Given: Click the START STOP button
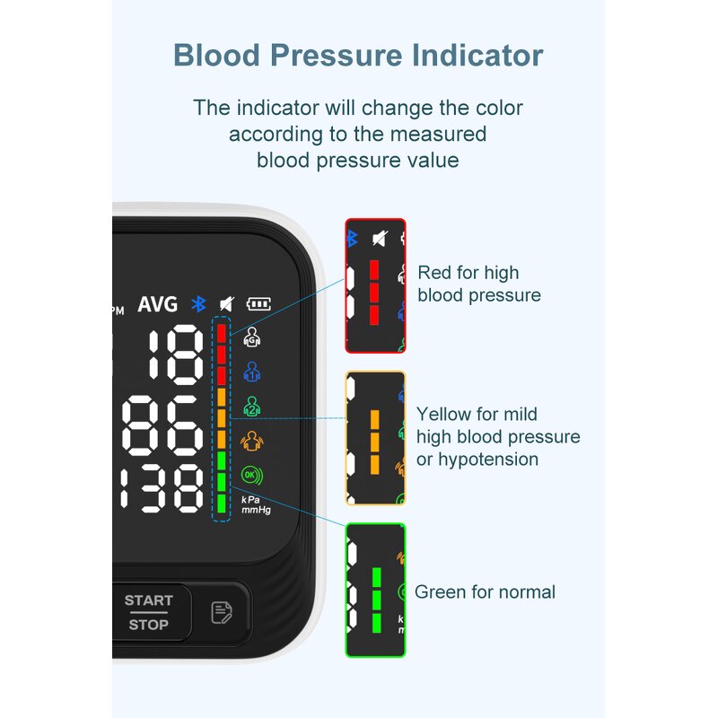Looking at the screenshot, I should pos(149,612).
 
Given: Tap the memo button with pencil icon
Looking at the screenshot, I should pos(222,613).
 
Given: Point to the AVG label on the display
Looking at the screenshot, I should pos(157,304).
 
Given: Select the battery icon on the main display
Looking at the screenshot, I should pos(259,304).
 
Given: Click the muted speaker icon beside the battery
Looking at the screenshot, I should pos(227,304).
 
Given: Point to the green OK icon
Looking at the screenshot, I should pos(251,475).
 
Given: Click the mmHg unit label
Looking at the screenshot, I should pos(256,510).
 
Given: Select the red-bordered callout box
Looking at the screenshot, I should pos(376,285).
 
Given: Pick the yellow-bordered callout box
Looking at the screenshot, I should pos(376,438).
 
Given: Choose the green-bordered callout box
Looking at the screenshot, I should pos(376,591).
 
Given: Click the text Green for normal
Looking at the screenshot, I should pos(485,592).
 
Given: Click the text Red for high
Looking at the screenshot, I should pos(468,273).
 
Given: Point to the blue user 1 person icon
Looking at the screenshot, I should pos(252,371).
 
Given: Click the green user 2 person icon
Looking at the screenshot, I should pos(252,406).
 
